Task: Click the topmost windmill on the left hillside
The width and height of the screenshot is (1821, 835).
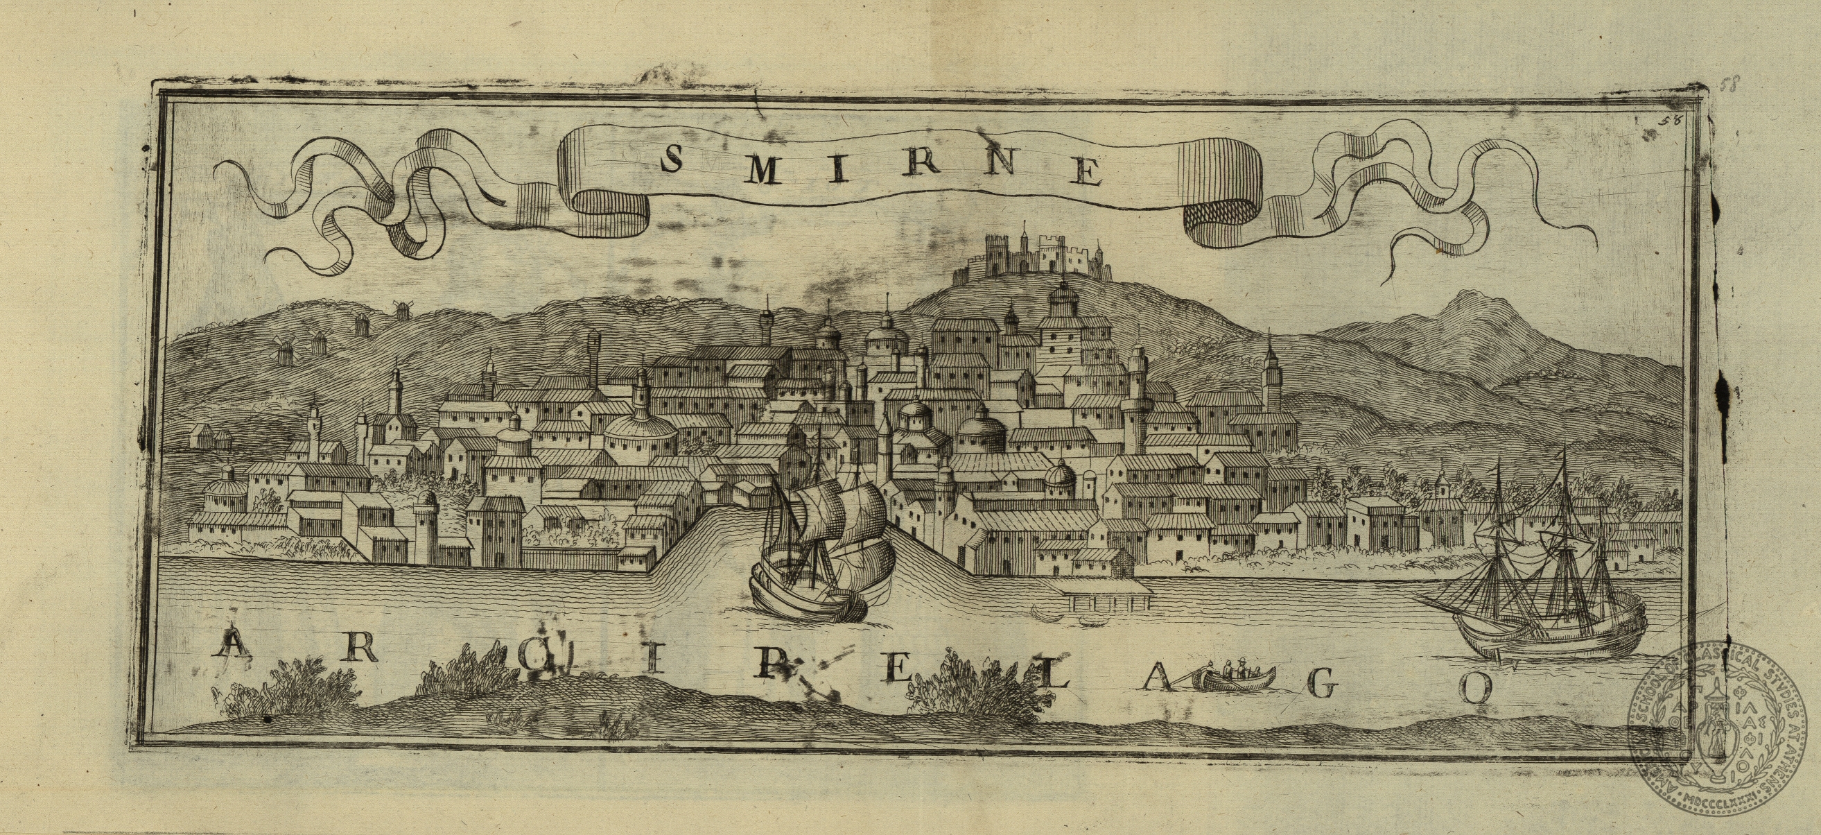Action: coord(402,311)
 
